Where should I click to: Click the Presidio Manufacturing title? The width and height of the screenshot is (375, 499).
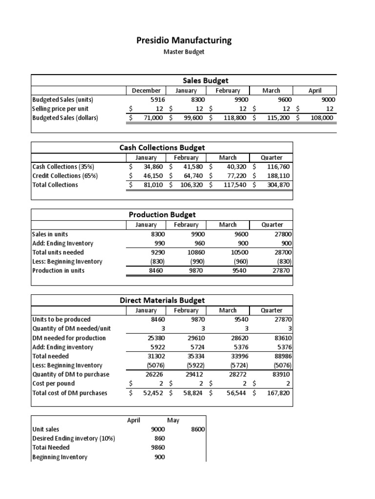(x=184, y=40)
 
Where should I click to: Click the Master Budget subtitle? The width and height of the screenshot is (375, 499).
(x=184, y=52)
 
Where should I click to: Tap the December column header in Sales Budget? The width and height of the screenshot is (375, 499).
(x=146, y=90)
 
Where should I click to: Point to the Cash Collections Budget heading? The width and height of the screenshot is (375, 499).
(x=162, y=147)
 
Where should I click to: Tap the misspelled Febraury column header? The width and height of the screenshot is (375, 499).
(x=185, y=225)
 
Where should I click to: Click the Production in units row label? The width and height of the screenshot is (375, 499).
(x=58, y=270)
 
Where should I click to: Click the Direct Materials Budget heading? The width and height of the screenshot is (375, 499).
(x=162, y=300)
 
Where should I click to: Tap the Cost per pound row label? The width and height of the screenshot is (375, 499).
(x=54, y=384)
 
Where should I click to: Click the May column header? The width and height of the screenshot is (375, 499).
(x=173, y=420)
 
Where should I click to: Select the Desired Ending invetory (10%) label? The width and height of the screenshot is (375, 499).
(x=73, y=438)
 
